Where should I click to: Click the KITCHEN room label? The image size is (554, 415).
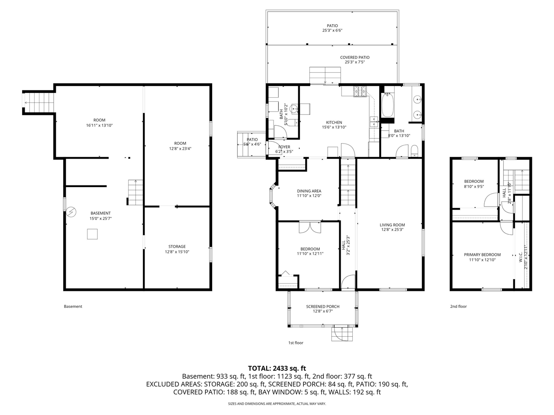point(334,123)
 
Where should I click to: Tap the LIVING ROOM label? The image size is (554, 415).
point(392,225)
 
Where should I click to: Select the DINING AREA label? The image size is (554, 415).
point(309,191)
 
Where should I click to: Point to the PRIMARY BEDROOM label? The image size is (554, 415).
point(482,255)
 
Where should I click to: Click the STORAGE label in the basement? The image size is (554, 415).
point(177,247)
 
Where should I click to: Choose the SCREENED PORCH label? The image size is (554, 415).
point(322,307)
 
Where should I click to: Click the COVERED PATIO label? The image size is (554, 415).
point(354,57)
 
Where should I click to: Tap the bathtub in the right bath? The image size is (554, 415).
point(387,105)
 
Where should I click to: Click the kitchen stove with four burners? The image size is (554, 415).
point(360,92)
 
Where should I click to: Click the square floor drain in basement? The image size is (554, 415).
point(92,234)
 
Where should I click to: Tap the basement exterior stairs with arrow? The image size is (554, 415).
point(39,102)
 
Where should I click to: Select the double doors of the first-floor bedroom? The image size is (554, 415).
point(310,227)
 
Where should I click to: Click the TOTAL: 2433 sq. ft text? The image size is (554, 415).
point(277,368)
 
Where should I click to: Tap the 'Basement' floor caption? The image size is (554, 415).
point(73,306)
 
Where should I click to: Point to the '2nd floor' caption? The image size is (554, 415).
point(458,306)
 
